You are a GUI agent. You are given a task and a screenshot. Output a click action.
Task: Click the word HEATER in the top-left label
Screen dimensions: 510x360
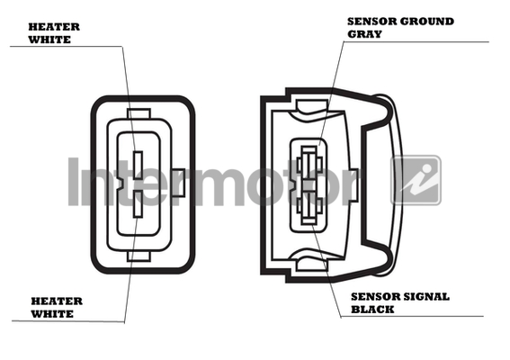pyautogui.click(x=54, y=27)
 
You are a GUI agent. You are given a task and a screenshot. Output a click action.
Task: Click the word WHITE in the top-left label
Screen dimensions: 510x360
pyautogui.click(x=49, y=40)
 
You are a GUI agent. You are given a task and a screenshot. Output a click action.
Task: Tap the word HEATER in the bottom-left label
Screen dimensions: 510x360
pyautogui.click(x=57, y=301)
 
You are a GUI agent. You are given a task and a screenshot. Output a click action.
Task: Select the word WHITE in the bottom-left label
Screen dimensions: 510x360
pyautogui.click(x=52, y=314)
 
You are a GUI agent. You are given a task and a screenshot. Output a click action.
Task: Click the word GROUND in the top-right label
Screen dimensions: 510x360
pyautogui.click(x=426, y=22)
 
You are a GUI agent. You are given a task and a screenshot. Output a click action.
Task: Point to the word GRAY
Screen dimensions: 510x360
pyautogui.click(x=364, y=34)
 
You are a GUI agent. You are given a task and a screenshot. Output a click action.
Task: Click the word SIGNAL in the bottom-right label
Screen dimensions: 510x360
pyautogui.click(x=426, y=297)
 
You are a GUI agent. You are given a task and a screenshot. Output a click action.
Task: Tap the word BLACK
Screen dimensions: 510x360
pyautogui.click(x=372, y=310)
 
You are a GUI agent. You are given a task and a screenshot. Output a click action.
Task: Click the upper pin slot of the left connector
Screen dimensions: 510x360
pyautogui.click(x=139, y=166)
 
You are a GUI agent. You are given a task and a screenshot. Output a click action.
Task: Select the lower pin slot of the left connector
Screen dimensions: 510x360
pyautogui.click(x=139, y=204)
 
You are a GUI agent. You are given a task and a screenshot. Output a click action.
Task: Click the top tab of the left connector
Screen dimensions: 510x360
pyautogui.click(x=139, y=114)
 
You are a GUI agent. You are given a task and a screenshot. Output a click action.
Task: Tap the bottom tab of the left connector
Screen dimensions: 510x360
pyautogui.click(x=139, y=256)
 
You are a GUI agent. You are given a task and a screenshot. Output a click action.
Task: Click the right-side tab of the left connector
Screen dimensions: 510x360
pyautogui.click(x=178, y=183)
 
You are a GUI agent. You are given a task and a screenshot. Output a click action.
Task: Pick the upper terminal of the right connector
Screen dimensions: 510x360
pyautogui.click(x=309, y=165)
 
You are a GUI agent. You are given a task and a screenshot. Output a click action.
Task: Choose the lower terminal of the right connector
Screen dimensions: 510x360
pyautogui.click(x=309, y=206)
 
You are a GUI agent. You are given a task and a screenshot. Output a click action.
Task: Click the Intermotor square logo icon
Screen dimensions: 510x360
pyautogui.click(x=416, y=180)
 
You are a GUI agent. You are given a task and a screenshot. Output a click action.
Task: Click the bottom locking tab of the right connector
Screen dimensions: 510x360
pyautogui.click(x=311, y=265)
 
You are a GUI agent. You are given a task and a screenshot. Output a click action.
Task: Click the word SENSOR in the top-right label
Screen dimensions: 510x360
pyautogui.click(x=371, y=22)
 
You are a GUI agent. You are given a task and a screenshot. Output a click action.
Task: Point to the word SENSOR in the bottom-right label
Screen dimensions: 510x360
pyautogui.click(x=376, y=297)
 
